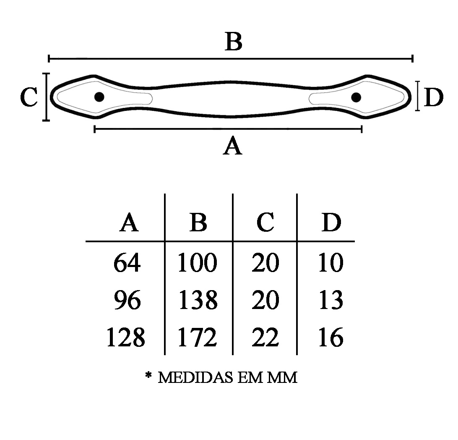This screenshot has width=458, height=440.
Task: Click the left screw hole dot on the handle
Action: pyautogui.click(x=99, y=97)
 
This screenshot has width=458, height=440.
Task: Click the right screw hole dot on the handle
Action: pyautogui.click(x=356, y=97)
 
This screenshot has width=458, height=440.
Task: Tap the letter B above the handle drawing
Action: pyautogui.click(x=233, y=42)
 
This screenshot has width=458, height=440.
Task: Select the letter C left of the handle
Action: pyautogui.click(x=29, y=97)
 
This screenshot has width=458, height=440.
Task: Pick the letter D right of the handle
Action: pyautogui.click(x=434, y=98)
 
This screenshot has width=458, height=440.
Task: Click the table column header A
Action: pyautogui.click(x=129, y=223)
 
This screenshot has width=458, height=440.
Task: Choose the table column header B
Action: pyautogui.click(x=198, y=223)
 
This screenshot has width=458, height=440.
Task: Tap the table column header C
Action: pyautogui.click(x=265, y=223)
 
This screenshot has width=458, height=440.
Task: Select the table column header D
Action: pyautogui.click(x=331, y=223)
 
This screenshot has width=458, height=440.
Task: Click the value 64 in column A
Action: pyautogui.click(x=127, y=263)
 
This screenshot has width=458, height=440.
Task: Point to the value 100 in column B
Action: pyautogui.click(x=197, y=263)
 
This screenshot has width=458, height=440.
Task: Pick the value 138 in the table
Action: pyautogui.click(x=198, y=300)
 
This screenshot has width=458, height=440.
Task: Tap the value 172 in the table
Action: pyautogui.click(x=197, y=338)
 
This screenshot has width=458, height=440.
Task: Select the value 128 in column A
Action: pyautogui.click(x=126, y=338)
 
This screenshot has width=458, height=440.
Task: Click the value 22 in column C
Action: pyautogui.click(x=265, y=338)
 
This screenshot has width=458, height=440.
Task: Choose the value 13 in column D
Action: pyautogui.click(x=331, y=300)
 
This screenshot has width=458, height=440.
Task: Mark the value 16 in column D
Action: pyautogui.click(x=331, y=338)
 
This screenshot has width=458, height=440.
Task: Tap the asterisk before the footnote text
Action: pyautogui.click(x=148, y=375)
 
